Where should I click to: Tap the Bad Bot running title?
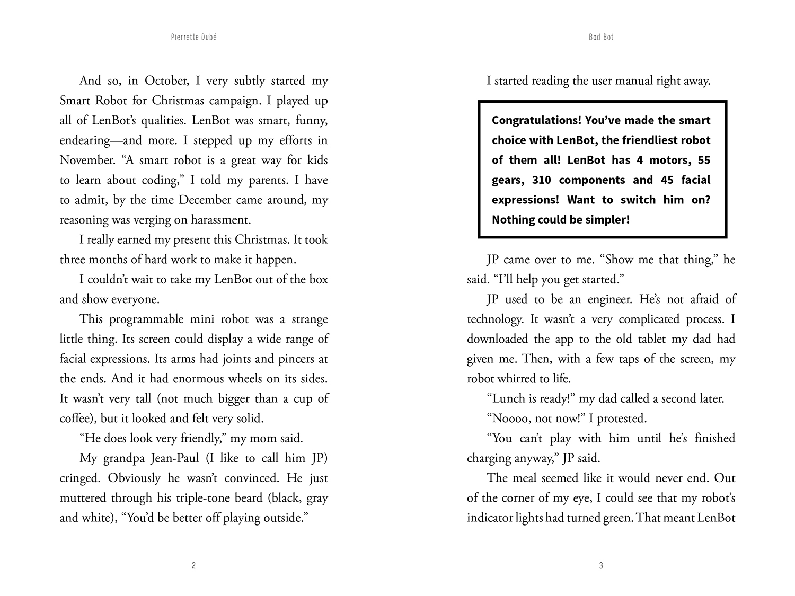600,38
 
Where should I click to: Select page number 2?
193,566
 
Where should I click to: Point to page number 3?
600,566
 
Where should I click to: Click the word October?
165,81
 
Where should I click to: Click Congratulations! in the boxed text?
536,120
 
